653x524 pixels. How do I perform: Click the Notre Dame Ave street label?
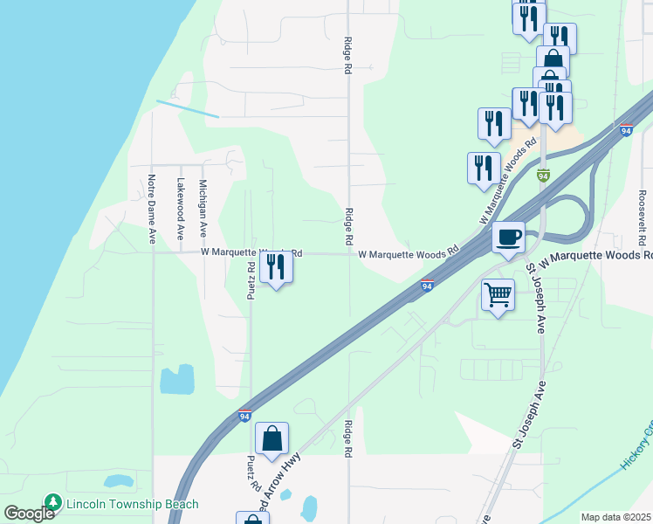pos(151,209)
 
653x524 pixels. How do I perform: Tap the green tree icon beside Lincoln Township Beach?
pos(53,503)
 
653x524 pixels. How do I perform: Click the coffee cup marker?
pos(508,236)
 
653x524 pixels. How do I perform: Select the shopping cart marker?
pos(498,295)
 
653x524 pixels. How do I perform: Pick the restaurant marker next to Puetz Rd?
pos(276,266)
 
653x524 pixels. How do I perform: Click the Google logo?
pos(28,514)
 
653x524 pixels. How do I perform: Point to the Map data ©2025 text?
pos(615,517)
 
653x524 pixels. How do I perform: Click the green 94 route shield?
pos(543,176)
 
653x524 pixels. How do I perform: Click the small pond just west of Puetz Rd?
pos(177,380)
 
